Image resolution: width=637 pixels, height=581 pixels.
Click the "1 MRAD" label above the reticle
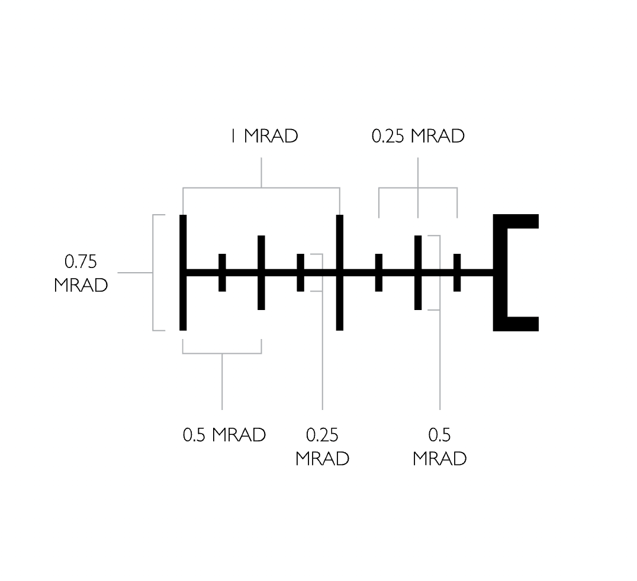pyautogui.click(x=265, y=136)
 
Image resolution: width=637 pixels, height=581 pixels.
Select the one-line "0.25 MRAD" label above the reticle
pyautogui.click(x=418, y=136)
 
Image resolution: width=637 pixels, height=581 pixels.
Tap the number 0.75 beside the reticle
pyautogui.click(x=81, y=262)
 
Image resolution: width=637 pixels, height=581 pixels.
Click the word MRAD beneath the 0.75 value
pyautogui.click(x=81, y=285)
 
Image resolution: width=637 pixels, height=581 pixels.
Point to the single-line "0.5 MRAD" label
pyautogui.click(x=224, y=435)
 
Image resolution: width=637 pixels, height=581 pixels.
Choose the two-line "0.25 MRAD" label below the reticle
pyautogui.click(x=322, y=447)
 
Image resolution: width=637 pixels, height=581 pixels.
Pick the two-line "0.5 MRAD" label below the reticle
pyautogui.click(x=439, y=447)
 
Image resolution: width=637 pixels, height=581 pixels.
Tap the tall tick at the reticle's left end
pyautogui.click(x=183, y=272)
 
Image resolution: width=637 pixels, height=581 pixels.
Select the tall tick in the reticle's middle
pyautogui.click(x=340, y=272)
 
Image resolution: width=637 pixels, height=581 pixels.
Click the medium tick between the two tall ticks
pyautogui.click(x=261, y=272)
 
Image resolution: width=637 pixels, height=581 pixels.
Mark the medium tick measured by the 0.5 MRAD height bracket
pyautogui.click(x=418, y=272)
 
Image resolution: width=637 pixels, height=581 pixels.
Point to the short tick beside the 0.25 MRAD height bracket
pyautogui.click(x=300, y=272)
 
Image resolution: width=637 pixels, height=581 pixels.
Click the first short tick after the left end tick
pyautogui.click(x=222, y=272)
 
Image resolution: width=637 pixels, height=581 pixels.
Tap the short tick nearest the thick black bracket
pyautogui.click(x=457, y=272)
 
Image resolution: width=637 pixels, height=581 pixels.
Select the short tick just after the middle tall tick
pyautogui.click(x=379, y=272)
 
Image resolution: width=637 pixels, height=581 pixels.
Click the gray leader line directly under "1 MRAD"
pyautogui.click(x=261, y=173)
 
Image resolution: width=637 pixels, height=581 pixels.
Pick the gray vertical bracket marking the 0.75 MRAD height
pyautogui.click(x=153, y=272)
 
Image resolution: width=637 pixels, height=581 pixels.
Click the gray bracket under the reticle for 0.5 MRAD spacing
pyautogui.click(x=222, y=353)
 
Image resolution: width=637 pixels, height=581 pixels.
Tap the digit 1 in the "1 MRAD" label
pyautogui.click(x=233, y=136)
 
